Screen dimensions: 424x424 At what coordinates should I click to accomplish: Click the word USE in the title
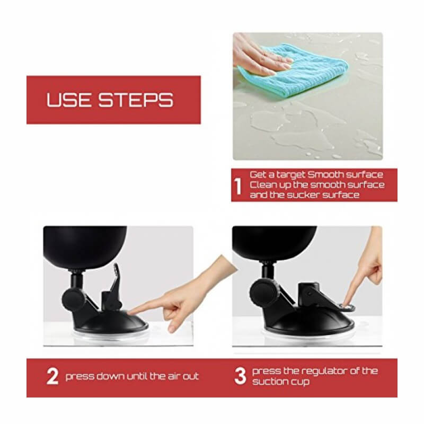68,100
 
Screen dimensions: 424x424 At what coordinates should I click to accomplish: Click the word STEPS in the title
136,100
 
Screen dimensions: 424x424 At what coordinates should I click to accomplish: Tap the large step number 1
238,187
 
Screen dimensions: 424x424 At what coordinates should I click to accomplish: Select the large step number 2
52,376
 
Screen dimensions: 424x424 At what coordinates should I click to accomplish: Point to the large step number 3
240,376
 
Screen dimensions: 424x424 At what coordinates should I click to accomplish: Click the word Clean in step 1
262,184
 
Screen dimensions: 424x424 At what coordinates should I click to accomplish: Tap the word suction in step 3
269,382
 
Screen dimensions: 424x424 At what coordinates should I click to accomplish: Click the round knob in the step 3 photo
263,294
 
